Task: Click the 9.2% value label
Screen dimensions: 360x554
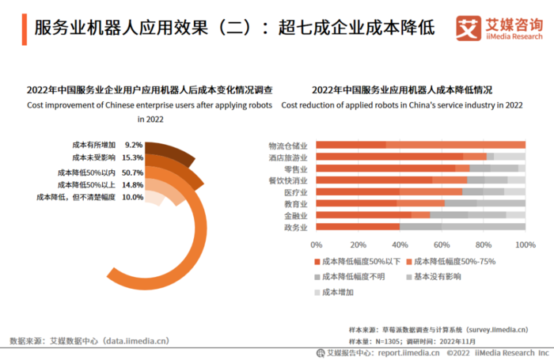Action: (x=134, y=145)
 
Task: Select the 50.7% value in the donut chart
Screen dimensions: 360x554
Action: (x=132, y=172)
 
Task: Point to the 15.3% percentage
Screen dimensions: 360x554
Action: (x=132, y=158)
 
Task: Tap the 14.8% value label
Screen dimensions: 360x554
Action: (x=132, y=184)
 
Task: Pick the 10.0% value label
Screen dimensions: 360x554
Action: (x=132, y=197)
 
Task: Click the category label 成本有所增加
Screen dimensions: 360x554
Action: (x=93, y=145)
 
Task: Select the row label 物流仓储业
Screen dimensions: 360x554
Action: (x=288, y=146)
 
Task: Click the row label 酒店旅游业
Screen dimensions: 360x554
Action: (x=288, y=157)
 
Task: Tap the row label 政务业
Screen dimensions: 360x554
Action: (x=294, y=228)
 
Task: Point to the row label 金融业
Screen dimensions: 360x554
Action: (x=294, y=216)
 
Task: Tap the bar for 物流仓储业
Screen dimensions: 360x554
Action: (x=420, y=145)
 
